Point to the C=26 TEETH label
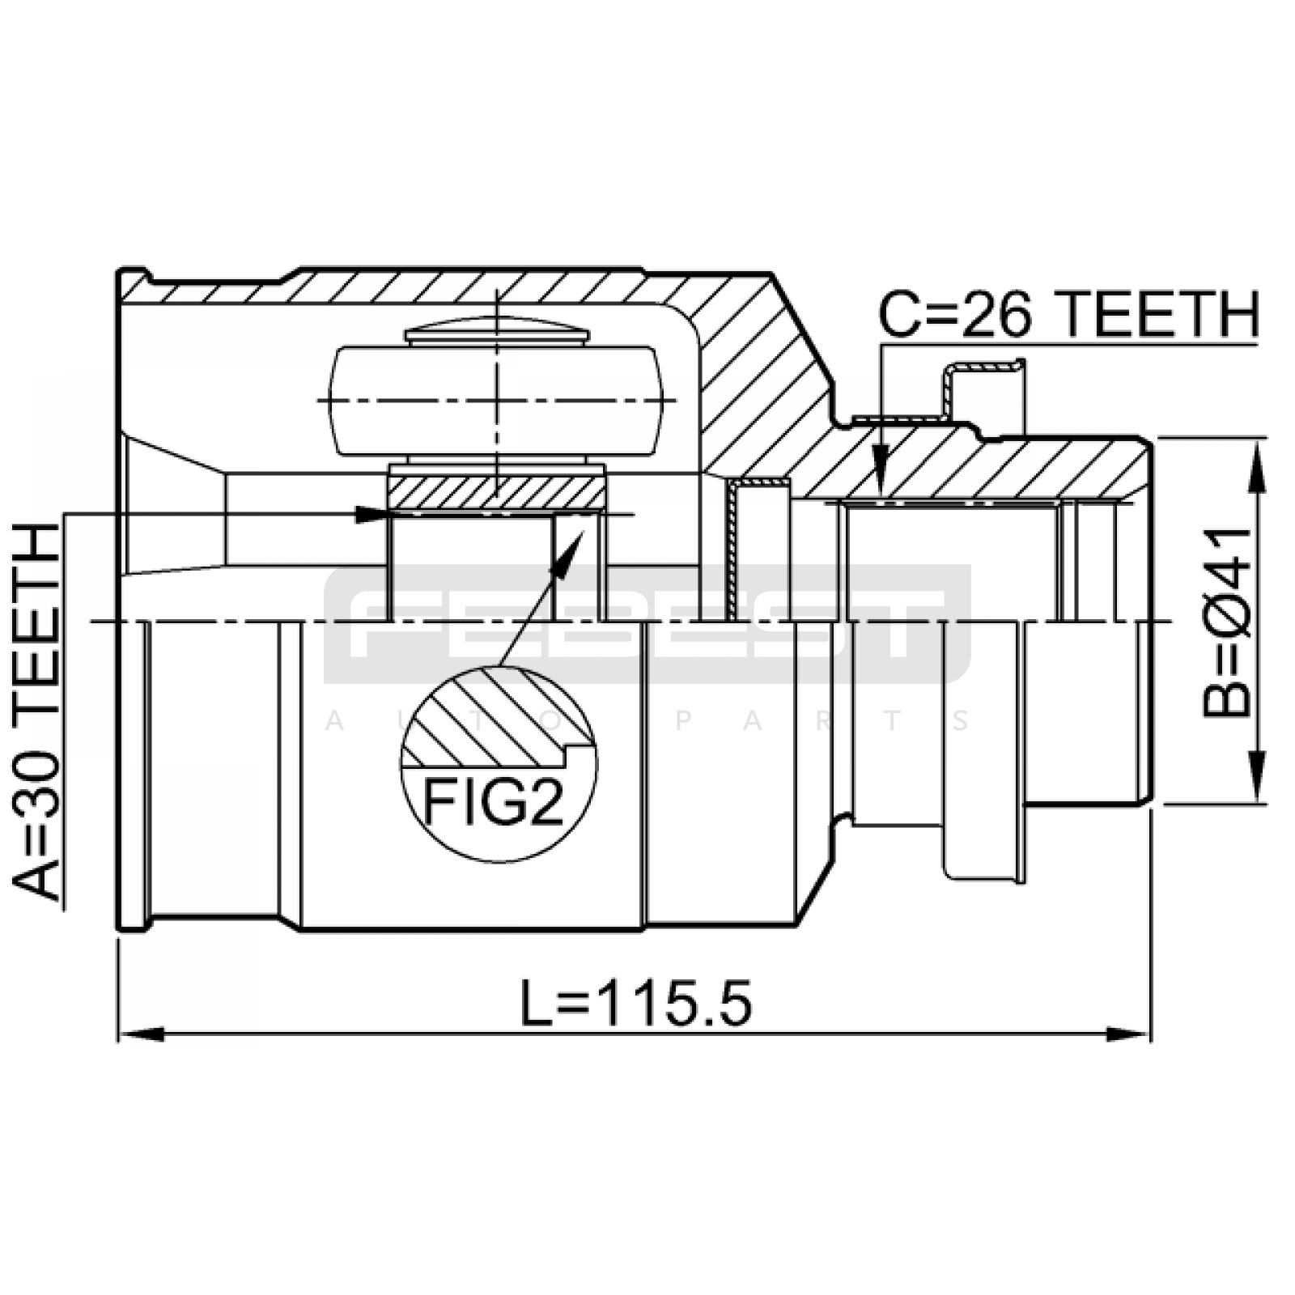pos(1068,315)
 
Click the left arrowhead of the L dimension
pos(142,1034)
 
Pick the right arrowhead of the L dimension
pos(1127,1034)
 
